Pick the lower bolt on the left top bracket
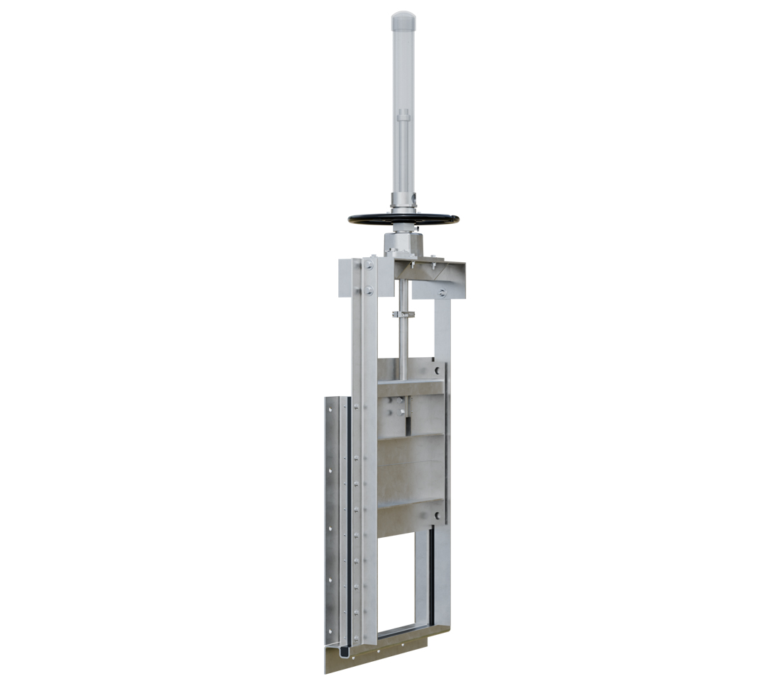point(369,290)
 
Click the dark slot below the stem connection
point(408,424)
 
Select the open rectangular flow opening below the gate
point(401,581)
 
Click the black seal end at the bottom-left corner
point(340,649)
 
